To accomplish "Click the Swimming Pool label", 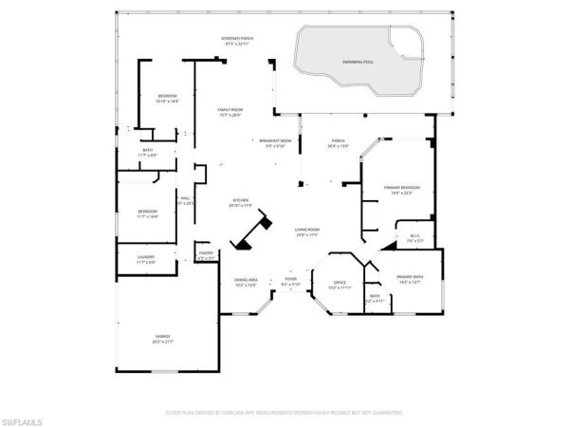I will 358,63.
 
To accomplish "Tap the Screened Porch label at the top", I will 237,41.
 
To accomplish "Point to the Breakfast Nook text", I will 275,143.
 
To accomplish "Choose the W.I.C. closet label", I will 415,238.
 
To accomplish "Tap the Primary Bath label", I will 410,279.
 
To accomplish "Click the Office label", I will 340,285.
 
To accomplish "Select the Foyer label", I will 290,282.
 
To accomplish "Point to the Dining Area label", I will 247,282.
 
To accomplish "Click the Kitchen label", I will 241,203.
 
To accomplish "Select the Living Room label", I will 306,232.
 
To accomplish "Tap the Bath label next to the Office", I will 375,298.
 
